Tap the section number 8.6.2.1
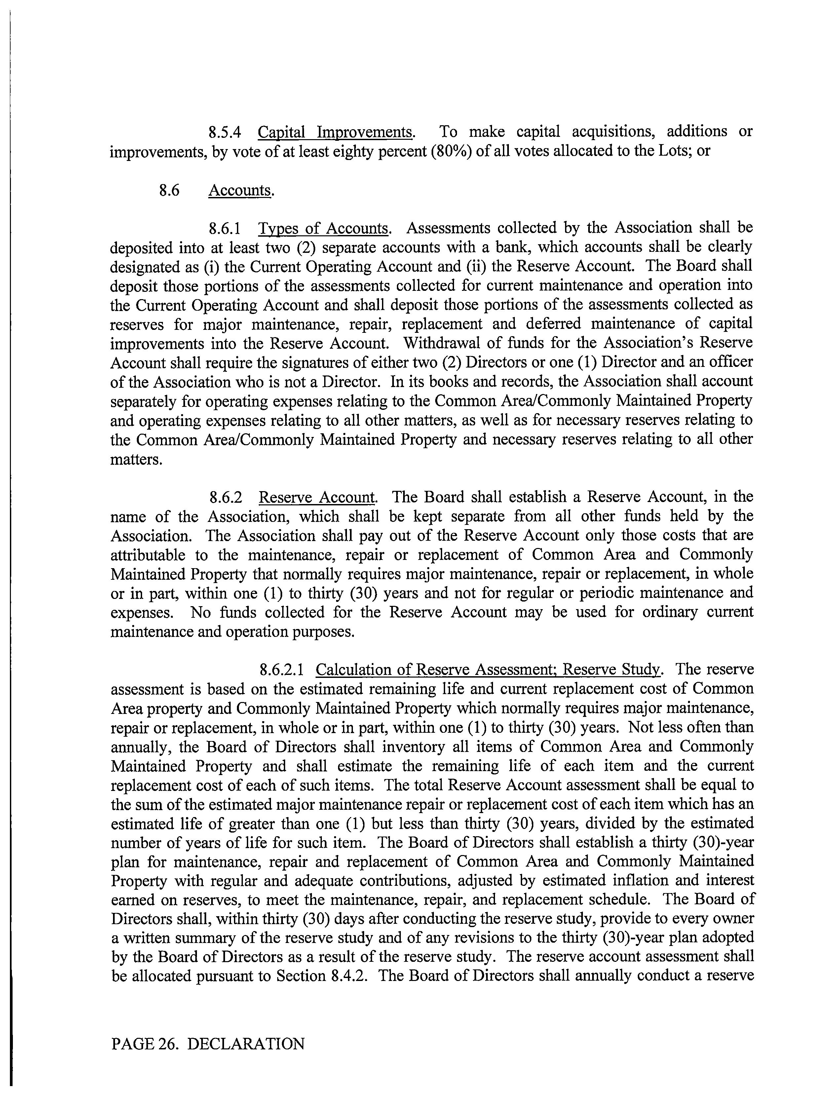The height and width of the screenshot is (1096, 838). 282,670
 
